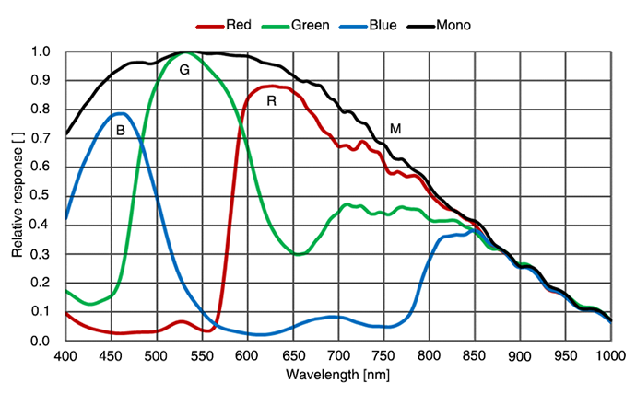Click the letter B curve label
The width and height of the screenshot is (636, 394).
120,131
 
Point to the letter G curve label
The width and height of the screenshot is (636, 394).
184,70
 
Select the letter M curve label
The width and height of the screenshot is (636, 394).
395,129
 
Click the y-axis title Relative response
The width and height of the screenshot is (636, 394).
18,196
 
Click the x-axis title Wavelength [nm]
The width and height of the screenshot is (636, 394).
337,376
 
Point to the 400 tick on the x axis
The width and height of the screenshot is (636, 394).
65,355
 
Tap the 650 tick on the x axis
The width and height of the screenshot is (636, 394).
293,355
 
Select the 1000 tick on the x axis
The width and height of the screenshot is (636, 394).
610,355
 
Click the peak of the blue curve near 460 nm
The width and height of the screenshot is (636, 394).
120,113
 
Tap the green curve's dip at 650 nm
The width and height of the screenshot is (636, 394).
296,254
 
